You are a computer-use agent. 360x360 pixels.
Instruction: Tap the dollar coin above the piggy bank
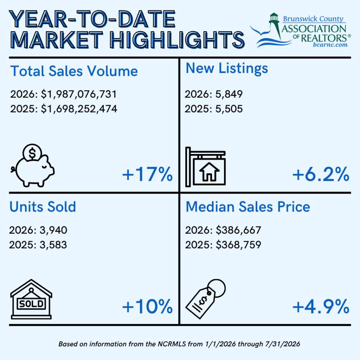click(32, 153)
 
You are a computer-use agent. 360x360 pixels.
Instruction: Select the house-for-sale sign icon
click(205, 167)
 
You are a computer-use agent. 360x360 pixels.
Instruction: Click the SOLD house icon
click(31, 299)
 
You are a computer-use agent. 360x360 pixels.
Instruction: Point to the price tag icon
click(205, 299)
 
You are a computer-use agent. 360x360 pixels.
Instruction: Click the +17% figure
click(147, 174)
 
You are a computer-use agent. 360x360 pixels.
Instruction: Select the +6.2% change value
click(321, 174)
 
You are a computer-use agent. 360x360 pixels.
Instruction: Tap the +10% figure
click(147, 306)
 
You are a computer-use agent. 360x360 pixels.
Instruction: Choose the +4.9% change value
click(321, 306)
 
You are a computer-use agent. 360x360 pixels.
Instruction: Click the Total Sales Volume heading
click(74, 71)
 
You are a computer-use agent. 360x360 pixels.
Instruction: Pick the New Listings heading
click(227, 69)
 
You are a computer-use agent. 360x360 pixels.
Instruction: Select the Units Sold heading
click(43, 207)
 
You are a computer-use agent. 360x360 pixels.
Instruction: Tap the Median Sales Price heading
click(248, 207)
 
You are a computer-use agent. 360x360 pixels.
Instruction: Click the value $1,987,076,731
click(79, 94)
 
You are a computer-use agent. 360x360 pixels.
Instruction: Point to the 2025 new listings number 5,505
click(229, 109)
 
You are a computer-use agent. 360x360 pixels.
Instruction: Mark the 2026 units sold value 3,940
click(53, 230)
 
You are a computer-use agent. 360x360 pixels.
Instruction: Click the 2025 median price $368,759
click(238, 245)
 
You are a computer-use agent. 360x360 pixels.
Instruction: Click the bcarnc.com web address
click(330, 45)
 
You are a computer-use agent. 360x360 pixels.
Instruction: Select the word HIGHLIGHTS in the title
click(177, 40)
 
